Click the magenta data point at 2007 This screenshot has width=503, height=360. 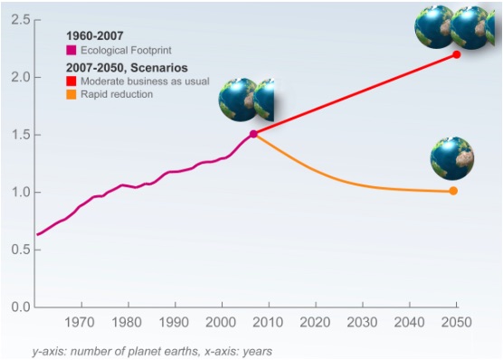(253, 134)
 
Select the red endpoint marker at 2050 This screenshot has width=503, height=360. (457, 54)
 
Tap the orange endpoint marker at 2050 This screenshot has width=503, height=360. (453, 191)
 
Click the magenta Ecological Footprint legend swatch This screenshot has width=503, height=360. (71, 50)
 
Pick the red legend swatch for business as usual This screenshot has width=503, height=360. (71, 81)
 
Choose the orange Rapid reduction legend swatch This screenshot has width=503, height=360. (71, 94)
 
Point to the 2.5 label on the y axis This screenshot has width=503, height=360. (20, 20)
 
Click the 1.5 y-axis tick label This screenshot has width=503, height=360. (20, 135)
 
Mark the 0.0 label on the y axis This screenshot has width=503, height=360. (20, 307)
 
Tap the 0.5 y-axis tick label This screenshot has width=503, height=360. (20, 250)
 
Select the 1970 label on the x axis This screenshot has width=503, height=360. (80, 322)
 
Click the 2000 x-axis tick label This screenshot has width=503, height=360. (221, 322)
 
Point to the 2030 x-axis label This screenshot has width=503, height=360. (362, 322)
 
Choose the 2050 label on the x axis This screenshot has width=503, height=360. (457, 322)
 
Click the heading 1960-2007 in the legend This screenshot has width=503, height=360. (95, 35)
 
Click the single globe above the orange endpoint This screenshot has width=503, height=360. (452, 158)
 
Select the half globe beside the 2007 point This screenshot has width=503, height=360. (264, 99)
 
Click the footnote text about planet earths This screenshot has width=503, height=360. (152, 351)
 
